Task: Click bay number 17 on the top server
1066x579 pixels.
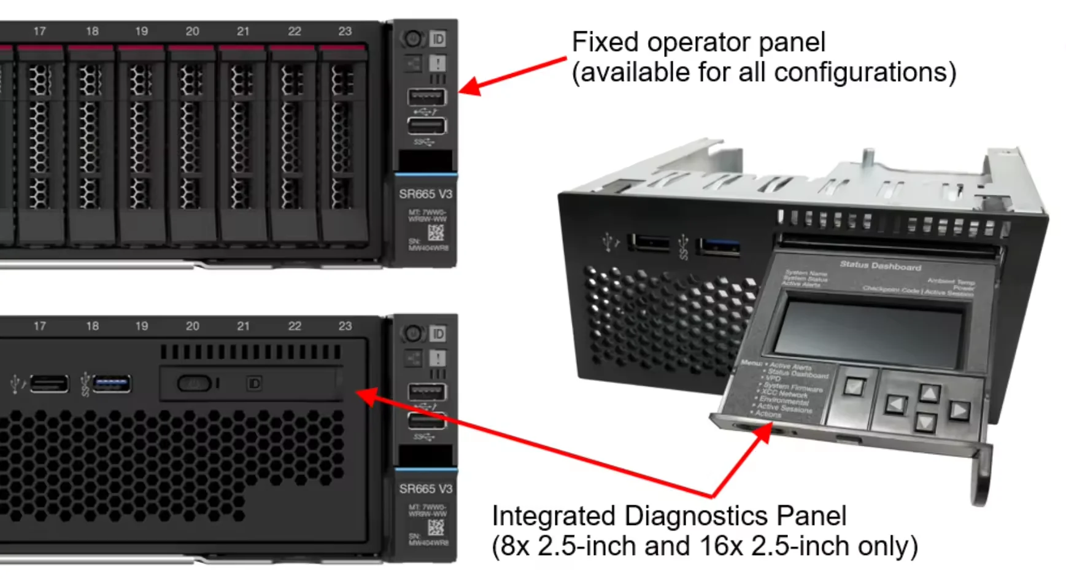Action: (40, 31)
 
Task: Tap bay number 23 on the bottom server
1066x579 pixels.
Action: (345, 326)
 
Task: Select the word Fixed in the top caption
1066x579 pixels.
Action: (606, 43)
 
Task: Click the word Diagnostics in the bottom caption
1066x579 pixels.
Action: (696, 516)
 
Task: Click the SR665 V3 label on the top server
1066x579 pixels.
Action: (425, 194)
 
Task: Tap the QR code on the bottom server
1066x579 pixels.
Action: (436, 527)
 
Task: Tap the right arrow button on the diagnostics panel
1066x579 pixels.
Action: (959, 411)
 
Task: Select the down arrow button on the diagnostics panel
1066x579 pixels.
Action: (925, 422)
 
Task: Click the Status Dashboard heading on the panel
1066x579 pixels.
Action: (880, 266)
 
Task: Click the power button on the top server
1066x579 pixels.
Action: (412, 39)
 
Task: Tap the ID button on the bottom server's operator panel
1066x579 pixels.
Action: (438, 334)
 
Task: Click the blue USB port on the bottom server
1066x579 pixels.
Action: (112, 384)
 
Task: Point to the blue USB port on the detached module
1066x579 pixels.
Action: (719, 247)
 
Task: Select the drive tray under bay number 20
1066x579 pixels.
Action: (192, 144)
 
